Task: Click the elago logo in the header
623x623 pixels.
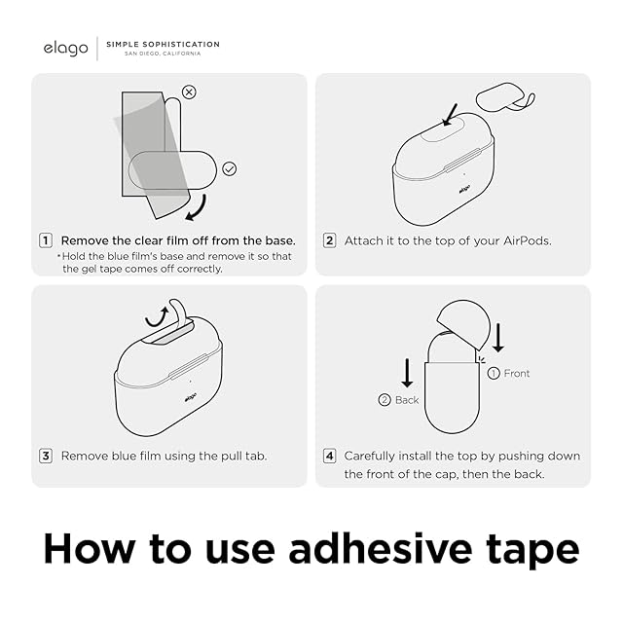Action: coord(65,49)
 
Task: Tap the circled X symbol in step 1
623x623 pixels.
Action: coord(189,92)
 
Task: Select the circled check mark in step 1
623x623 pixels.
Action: coord(230,168)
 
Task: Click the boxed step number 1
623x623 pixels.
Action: coord(46,240)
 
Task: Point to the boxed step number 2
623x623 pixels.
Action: coord(329,240)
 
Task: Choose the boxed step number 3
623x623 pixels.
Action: coord(46,456)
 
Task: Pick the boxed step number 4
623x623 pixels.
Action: coord(329,456)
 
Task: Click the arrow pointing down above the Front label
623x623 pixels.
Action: coord(498,338)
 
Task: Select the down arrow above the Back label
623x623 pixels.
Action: coord(407,373)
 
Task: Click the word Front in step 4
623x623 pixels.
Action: coord(517,374)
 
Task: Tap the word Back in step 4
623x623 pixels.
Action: coord(407,400)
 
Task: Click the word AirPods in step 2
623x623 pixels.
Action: coord(527,240)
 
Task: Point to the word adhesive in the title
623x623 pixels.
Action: coord(381,549)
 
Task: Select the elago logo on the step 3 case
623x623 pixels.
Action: coord(191,397)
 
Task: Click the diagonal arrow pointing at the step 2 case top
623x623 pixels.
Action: coord(450,115)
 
